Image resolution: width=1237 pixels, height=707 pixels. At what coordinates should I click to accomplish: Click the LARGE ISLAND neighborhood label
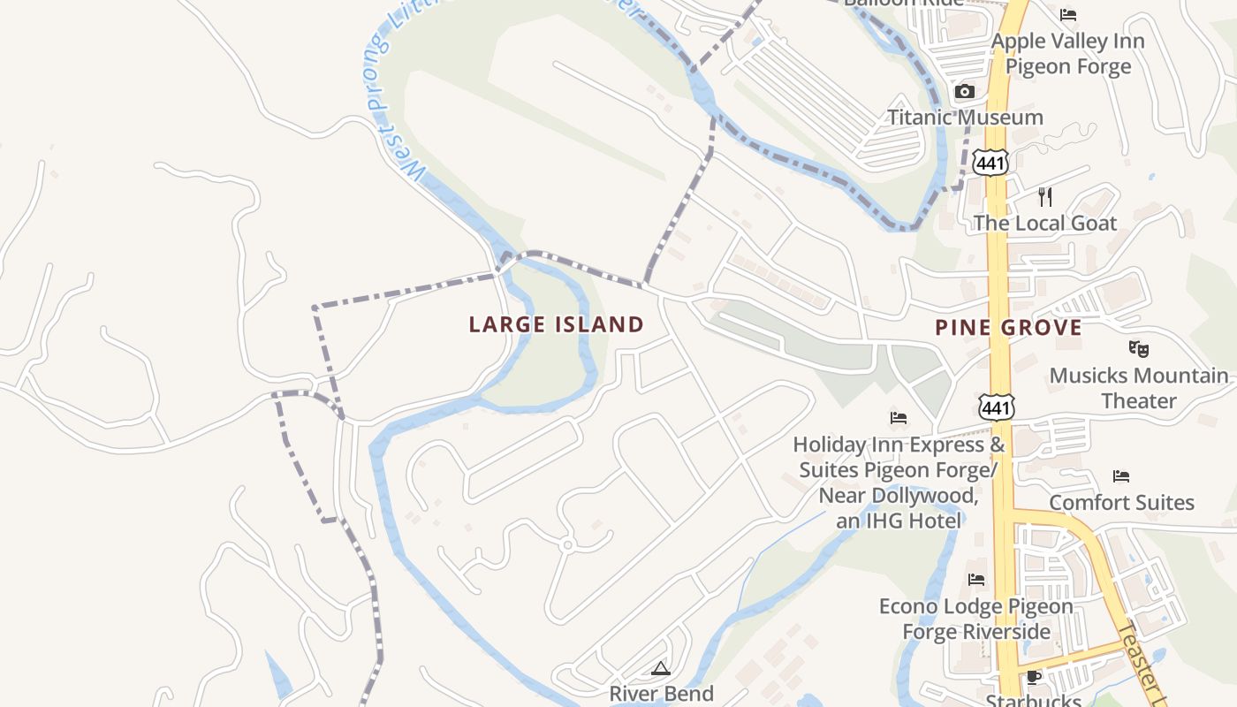(x=556, y=324)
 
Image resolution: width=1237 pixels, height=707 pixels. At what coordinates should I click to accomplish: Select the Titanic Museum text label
(x=965, y=118)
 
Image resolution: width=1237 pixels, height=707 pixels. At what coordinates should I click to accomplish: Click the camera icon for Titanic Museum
(x=965, y=91)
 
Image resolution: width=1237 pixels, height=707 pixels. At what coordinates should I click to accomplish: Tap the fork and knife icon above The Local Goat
(x=1045, y=196)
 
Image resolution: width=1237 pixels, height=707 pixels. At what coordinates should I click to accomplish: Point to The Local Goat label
(x=1045, y=224)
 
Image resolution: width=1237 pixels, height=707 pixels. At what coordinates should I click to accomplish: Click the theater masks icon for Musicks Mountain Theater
(x=1138, y=349)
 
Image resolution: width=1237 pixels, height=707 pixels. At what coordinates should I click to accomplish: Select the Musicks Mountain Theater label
(x=1138, y=388)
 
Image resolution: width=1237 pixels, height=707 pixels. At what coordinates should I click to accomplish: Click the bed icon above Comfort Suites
(x=1121, y=476)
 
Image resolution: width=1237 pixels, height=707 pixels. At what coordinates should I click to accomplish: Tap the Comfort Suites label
(x=1121, y=503)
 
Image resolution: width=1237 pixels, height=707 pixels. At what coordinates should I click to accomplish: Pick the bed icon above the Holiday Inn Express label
(x=899, y=417)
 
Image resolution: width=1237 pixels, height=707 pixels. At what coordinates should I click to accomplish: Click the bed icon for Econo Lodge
(x=976, y=580)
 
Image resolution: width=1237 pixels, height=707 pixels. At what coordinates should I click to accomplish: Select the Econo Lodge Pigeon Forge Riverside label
(x=976, y=619)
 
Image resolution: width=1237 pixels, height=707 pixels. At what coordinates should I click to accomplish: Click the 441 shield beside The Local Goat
(x=991, y=163)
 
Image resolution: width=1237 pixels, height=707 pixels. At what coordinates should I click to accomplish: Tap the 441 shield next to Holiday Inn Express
(x=997, y=407)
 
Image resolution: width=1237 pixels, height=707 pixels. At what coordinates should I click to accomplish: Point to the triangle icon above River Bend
(x=661, y=668)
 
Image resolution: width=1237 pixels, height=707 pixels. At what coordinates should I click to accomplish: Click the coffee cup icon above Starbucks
(x=1033, y=678)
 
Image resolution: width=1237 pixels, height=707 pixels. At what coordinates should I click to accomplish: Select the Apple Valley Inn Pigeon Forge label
(x=1067, y=54)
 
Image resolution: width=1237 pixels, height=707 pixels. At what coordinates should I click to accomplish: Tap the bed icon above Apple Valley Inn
(x=1068, y=15)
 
